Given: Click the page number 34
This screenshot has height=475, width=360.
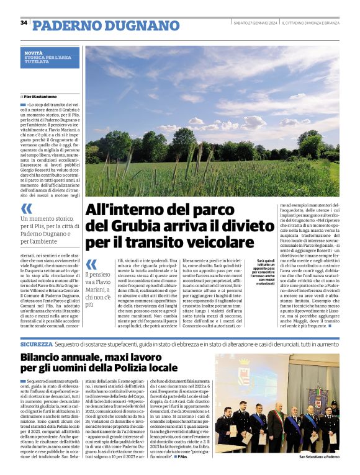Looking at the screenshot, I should tap(24, 23).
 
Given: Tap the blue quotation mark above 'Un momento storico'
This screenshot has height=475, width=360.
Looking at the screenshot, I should tap(26, 208).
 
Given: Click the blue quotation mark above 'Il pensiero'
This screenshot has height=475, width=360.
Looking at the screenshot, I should tap(91, 264).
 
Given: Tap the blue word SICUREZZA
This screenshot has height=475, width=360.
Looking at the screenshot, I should tap(36, 343).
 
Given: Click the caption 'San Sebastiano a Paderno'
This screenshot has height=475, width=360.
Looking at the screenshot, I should tap(319, 457).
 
